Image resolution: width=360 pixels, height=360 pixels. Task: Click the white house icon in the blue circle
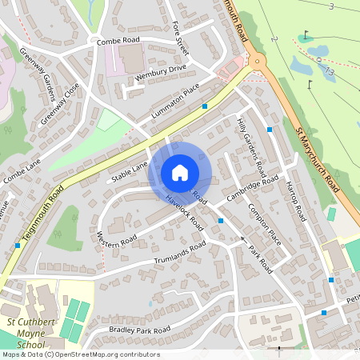coord(180,173)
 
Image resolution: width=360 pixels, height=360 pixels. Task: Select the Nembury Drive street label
coord(161,70)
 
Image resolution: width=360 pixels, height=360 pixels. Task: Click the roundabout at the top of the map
coord(257,60)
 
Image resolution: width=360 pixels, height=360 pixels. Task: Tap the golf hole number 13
coord(328,72)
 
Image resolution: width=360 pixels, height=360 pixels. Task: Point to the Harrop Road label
coord(295,201)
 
